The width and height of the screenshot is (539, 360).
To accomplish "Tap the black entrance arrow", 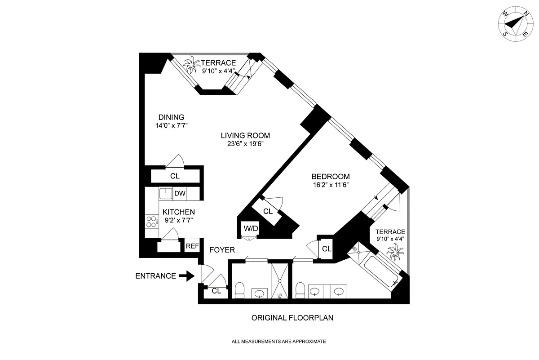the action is pos(186,276).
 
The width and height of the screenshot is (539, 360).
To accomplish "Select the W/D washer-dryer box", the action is pos(251,228).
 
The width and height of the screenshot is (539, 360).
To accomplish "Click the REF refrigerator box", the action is pos(192,246).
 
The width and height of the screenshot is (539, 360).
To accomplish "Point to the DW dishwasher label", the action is pos(180,193).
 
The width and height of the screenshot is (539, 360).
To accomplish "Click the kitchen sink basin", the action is pos(166,193).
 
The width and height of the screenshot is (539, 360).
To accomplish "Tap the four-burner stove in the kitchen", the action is pos(152,222).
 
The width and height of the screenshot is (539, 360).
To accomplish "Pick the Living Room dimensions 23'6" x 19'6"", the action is pos(245,144).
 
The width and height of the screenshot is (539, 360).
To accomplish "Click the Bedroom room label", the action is pos(331,177).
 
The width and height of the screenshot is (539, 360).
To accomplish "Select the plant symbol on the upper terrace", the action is pos(191,64).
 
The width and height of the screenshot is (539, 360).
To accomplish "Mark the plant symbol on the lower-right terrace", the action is pos(395,252).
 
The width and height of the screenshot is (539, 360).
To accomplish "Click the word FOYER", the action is pos(222,250).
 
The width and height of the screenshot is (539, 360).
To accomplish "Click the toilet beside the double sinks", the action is pos(300,290).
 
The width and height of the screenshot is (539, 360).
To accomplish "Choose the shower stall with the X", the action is pos(279,281).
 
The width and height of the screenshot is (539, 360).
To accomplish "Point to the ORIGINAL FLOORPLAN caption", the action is pos(292,318).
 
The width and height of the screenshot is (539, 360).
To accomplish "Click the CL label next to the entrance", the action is pos(216,291).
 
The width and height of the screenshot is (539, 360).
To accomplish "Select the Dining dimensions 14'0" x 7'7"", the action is pos(171,125).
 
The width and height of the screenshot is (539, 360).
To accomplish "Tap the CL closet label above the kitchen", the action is pos(175,176).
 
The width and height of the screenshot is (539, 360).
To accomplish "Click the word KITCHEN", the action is pos(179,212).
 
